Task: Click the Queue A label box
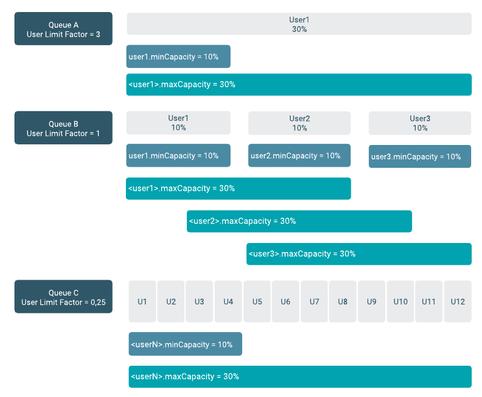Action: click(63, 29)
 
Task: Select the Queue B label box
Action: click(63, 128)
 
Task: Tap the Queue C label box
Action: click(63, 297)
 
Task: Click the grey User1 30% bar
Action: click(299, 24)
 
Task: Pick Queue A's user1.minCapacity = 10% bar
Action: click(178, 57)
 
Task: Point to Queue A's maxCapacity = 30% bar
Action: click(299, 84)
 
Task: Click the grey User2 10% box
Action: click(299, 123)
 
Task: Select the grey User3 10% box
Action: click(420, 123)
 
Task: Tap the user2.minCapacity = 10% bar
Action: click(299, 155)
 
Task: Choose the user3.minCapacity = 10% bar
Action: click(420, 156)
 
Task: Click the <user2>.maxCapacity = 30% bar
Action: click(299, 221)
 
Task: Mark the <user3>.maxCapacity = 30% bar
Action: click(359, 254)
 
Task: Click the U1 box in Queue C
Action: click(142, 301)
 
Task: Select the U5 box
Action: click(257, 301)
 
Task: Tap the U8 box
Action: click(343, 301)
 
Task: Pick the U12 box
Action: click(458, 301)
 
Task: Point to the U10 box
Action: click(401, 301)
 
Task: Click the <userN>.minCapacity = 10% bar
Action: click(185, 344)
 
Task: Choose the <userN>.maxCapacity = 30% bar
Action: click(300, 377)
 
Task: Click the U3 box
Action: click(199, 301)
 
